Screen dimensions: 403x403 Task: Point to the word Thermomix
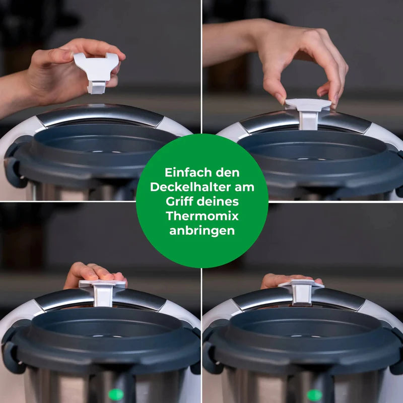(x=202, y=217)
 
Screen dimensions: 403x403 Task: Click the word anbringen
(x=202, y=231)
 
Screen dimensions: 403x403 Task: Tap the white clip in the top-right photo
(x=308, y=112)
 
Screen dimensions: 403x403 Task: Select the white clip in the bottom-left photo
(x=103, y=292)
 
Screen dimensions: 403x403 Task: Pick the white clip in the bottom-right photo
(x=301, y=291)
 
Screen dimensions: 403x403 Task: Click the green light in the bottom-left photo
(x=115, y=394)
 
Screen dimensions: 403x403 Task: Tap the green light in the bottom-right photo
(x=314, y=395)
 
